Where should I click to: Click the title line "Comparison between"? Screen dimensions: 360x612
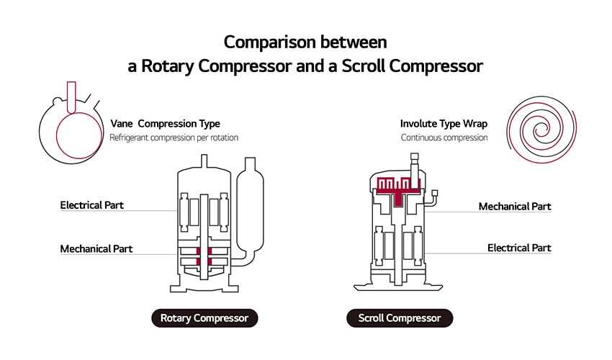click(305, 42)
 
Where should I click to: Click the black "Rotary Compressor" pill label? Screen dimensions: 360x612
click(204, 318)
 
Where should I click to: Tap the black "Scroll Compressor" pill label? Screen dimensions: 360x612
click(400, 318)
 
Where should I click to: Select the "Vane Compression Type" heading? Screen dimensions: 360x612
click(165, 124)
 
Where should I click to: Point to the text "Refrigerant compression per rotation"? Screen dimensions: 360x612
click(174, 137)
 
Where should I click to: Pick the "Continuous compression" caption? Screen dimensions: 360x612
click(444, 137)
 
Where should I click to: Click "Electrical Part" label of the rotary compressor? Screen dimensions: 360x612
click(91, 205)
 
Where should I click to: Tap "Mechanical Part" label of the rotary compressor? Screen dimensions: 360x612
click(96, 249)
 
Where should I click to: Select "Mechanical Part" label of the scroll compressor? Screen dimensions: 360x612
click(515, 207)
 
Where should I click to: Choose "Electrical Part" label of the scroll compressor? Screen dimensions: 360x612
click(519, 248)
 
